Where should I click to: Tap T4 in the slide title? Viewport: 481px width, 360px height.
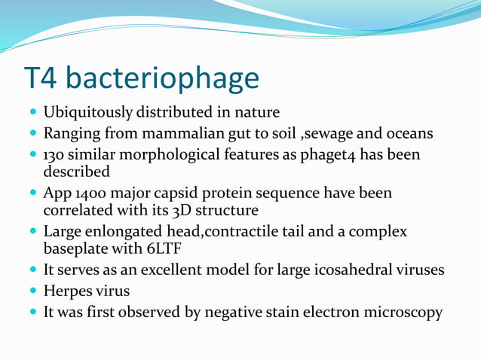(42, 78)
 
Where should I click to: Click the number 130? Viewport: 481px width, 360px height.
(55, 155)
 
